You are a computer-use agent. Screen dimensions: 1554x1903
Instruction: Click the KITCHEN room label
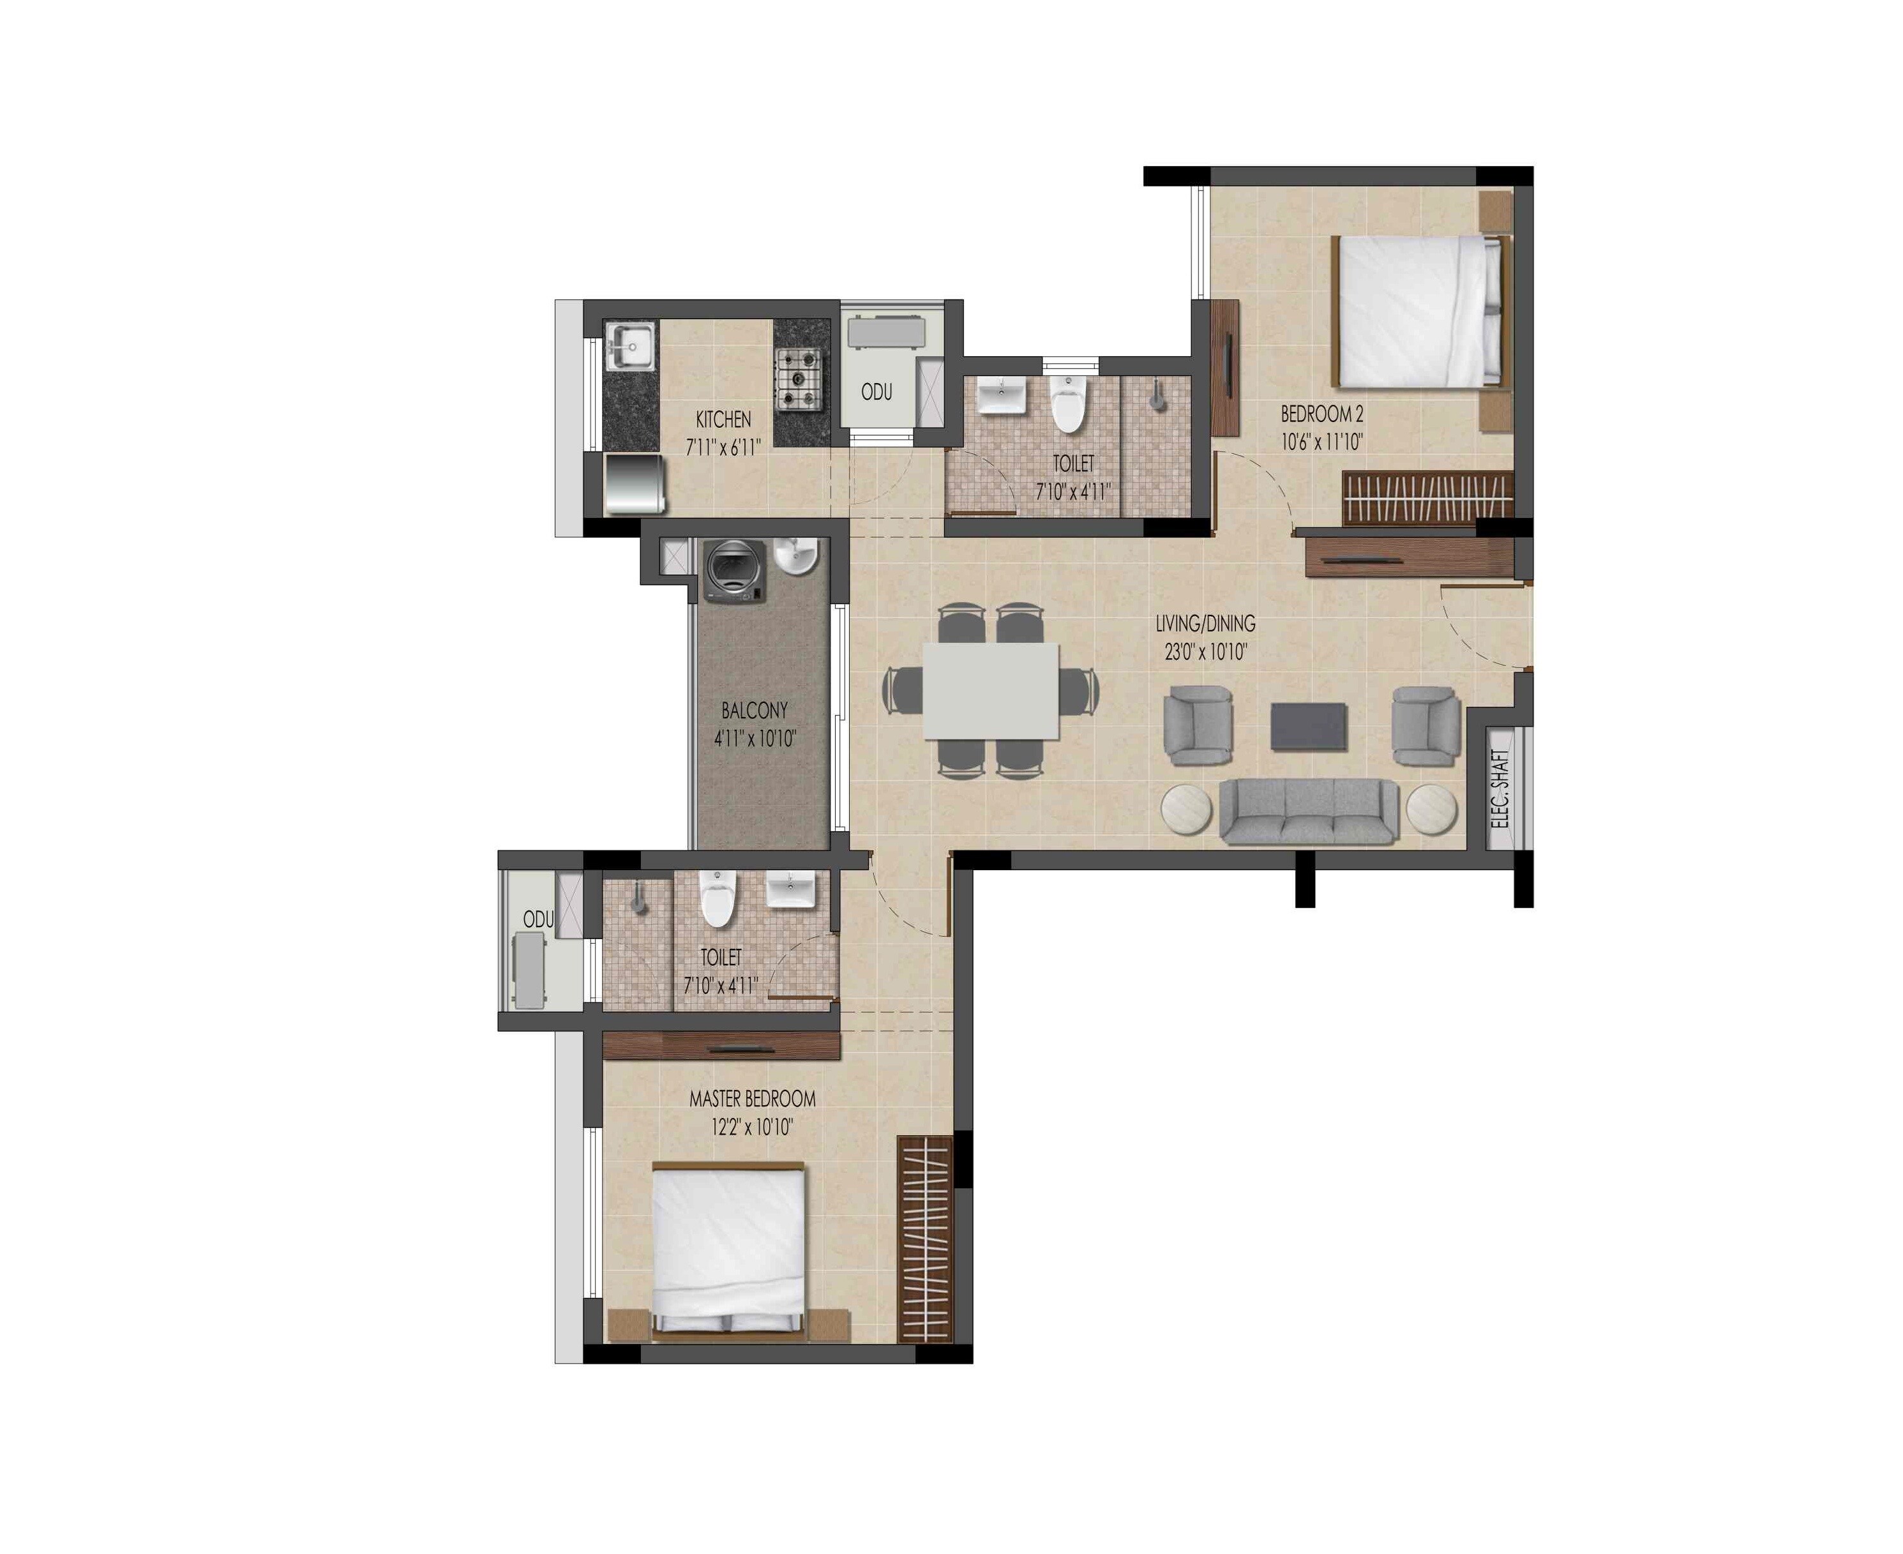[x=723, y=419]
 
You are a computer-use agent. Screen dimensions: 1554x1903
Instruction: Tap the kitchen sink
[x=631, y=347]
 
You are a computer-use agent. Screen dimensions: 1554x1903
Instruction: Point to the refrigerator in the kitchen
[x=635, y=485]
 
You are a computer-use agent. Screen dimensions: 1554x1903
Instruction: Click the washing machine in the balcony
[x=735, y=571]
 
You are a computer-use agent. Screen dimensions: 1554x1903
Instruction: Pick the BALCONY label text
[x=755, y=711]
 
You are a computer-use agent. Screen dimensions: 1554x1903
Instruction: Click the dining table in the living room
[x=991, y=691]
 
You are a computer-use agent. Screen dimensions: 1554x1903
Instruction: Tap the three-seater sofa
[x=1309, y=811]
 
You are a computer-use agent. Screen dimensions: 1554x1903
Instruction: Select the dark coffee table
[x=1309, y=726]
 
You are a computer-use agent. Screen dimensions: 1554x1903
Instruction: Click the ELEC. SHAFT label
[x=1501, y=788]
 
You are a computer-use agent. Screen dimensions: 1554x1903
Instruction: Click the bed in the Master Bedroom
[x=728, y=1251]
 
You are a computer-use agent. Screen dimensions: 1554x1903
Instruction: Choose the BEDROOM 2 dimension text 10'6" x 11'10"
[x=1321, y=441]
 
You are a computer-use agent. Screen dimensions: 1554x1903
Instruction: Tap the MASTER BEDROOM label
[x=752, y=1098]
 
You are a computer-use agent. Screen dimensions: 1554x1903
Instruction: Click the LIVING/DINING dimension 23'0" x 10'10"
[x=1205, y=652]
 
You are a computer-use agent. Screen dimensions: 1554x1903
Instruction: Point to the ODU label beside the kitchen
[x=876, y=392]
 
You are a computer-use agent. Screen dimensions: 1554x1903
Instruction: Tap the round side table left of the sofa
[x=1186, y=810]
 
